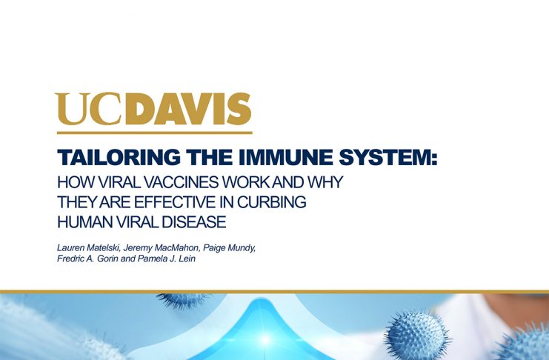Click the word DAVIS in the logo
click(x=189, y=109)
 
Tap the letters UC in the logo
click(x=90, y=109)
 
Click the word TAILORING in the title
click(x=119, y=157)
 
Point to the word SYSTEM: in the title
click(x=388, y=157)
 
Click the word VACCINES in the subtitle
click(x=182, y=182)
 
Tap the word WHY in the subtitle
click(x=325, y=182)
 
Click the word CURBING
click(x=272, y=202)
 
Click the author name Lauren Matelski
click(x=89, y=248)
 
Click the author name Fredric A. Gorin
click(x=87, y=259)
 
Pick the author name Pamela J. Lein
click(x=166, y=259)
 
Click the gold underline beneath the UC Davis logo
click(x=154, y=133)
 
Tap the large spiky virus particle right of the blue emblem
click(x=416, y=334)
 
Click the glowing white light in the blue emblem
click(x=265, y=339)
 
